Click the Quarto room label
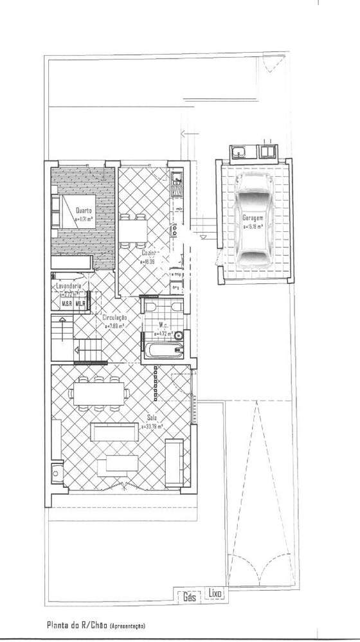[x=84, y=211]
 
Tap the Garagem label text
[x=253, y=218]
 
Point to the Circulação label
[x=114, y=317]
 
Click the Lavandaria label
[x=69, y=285]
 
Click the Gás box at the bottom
[x=189, y=596]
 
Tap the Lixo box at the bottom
[x=215, y=595]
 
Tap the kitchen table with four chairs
[x=132, y=228]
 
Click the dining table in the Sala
[x=99, y=393]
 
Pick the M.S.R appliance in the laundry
[x=66, y=303]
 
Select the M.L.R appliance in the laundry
[x=81, y=303]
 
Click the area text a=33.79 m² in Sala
[x=152, y=426]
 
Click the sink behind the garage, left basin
[x=237, y=152]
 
